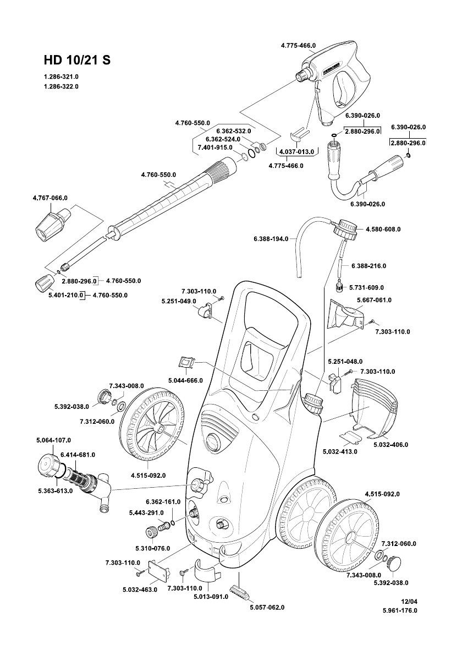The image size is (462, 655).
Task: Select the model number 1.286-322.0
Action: [61, 86]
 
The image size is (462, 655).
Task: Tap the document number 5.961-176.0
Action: [400, 610]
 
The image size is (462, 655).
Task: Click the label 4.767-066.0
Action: [51, 197]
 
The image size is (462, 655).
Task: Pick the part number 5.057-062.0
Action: [267, 607]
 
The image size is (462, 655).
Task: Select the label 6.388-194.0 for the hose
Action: [271, 238]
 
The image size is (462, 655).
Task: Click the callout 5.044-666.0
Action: [185, 380]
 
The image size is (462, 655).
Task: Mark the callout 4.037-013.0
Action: [296, 151]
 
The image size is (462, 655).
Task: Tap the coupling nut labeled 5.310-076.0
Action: [151, 532]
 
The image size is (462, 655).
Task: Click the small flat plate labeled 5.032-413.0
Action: [350, 435]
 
